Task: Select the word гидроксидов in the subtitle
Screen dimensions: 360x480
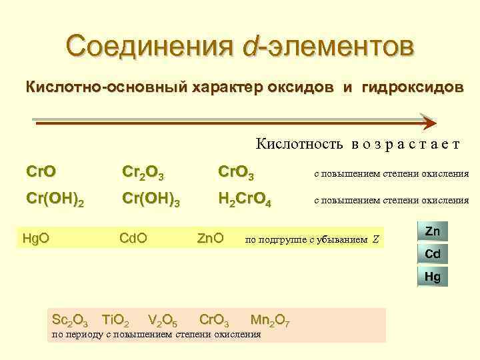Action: pyautogui.click(x=411, y=88)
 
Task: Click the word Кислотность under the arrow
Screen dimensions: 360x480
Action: pyautogui.click(x=299, y=144)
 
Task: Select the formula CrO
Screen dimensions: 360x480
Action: pyautogui.click(x=41, y=173)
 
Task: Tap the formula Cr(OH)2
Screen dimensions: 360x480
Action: pyautogui.click(x=55, y=199)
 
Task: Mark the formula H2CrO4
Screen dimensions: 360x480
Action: pyautogui.click(x=244, y=199)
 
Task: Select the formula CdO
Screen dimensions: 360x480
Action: pyautogui.click(x=133, y=237)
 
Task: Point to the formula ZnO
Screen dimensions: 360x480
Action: pyautogui.click(x=211, y=237)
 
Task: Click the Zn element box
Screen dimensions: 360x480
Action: pyautogui.click(x=432, y=231)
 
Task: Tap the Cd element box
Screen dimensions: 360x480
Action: pyautogui.click(x=432, y=253)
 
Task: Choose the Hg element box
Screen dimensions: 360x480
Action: pyautogui.click(x=432, y=275)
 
